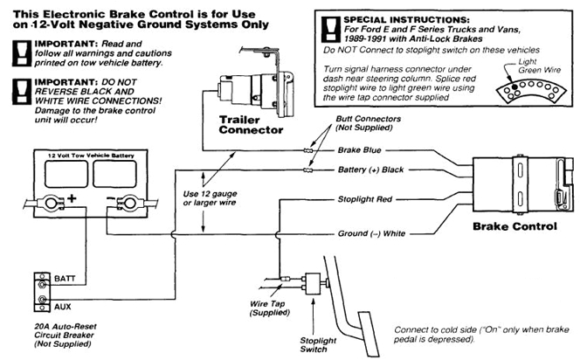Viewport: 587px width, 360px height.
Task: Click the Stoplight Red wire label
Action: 367,198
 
